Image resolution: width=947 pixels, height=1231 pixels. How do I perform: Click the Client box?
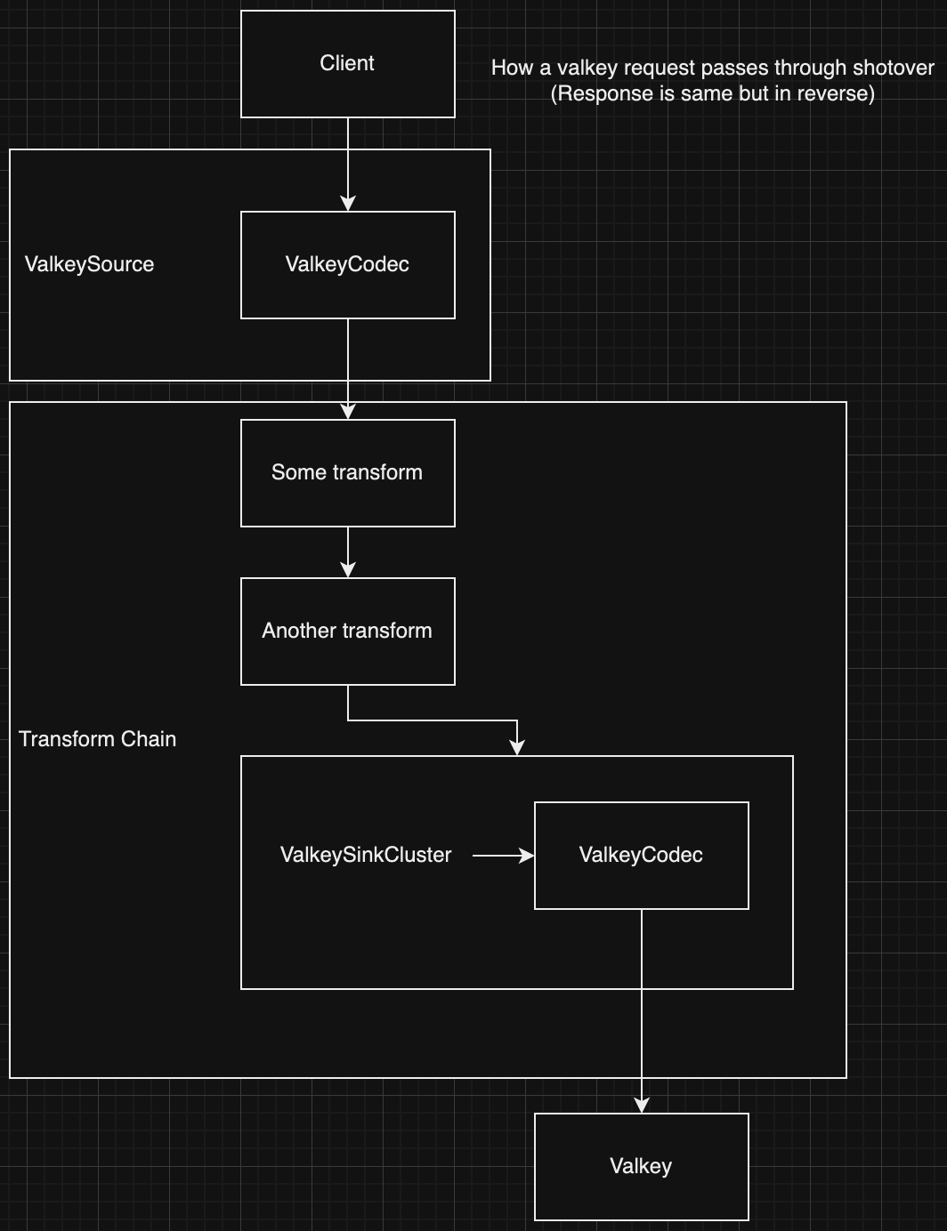(x=347, y=64)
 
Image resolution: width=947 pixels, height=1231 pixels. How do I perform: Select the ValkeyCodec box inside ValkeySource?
(x=347, y=265)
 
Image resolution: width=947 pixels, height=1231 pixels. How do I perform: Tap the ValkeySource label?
(x=89, y=265)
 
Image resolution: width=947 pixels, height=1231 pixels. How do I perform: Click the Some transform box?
(x=347, y=473)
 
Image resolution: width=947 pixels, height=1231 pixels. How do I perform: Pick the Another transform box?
(x=347, y=632)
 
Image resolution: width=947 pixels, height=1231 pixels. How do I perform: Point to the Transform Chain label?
(x=97, y=739)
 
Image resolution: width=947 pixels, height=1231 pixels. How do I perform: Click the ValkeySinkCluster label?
(x=366, y=855)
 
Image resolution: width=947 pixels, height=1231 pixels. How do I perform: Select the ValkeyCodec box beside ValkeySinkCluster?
(x=641, y=856)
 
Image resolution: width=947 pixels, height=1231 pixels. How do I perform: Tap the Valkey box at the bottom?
(x=641, y=1167)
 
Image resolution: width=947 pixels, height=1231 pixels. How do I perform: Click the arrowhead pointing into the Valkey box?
(x=642, y=1105)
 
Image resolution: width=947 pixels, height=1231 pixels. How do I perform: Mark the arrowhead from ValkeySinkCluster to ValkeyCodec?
(x=527, y=856)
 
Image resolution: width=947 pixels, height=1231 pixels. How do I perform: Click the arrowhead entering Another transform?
(x=348, y=570)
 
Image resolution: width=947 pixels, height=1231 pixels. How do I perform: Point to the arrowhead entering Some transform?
(x=348, y=411)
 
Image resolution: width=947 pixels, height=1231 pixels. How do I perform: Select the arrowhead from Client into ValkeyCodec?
(x=348, y=204)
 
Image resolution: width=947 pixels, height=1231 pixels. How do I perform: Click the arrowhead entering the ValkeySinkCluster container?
(x=517, y=748)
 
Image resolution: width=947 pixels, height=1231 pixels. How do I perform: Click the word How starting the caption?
(x=512, y=68)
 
